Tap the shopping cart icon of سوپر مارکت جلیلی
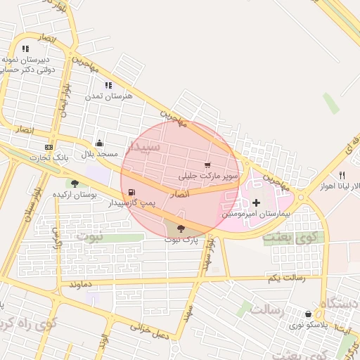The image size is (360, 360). (207, 165)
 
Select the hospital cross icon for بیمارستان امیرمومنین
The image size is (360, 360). (256, 203)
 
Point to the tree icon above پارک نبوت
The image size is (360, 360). (181, 228)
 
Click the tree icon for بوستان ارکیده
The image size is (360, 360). (75, 184)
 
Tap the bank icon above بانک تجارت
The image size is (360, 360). (49, 147)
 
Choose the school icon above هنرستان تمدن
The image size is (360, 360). (108, 85)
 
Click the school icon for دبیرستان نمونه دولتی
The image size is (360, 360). (26, 49)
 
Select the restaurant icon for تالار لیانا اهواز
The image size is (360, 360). (342, 175)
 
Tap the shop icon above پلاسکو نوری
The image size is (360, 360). (309, 314)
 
